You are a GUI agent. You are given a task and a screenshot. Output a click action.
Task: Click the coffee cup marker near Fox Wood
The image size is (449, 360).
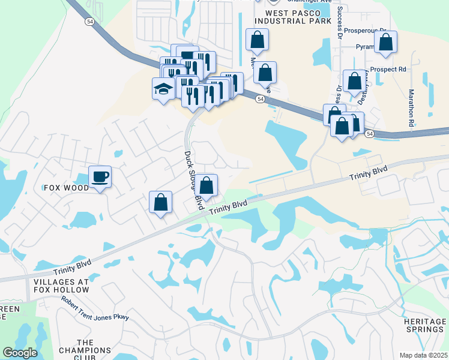[100, 177]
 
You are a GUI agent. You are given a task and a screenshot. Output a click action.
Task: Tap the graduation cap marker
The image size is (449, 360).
[163, 89]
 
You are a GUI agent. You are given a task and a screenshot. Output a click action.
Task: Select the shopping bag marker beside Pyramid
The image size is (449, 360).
[385, 43]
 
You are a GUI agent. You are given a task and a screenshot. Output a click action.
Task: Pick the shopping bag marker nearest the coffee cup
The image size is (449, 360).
[161, 203]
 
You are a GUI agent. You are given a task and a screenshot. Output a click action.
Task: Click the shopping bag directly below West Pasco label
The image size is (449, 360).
[257, 40]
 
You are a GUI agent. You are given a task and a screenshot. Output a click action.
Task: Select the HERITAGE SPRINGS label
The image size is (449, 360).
[424, 326]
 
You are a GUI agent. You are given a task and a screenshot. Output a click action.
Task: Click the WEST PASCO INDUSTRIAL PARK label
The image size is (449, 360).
[298, 17]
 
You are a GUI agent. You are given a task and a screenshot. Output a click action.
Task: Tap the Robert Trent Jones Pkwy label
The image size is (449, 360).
[95, 310]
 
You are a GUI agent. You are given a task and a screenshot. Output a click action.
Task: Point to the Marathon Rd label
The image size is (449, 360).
[411, 107]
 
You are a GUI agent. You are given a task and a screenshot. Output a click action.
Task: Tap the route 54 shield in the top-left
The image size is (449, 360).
[89, 21]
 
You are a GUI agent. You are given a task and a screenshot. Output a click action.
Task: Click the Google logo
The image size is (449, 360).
[20, 353]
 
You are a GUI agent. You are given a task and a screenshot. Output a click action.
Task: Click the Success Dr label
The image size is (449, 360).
[340, 21]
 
